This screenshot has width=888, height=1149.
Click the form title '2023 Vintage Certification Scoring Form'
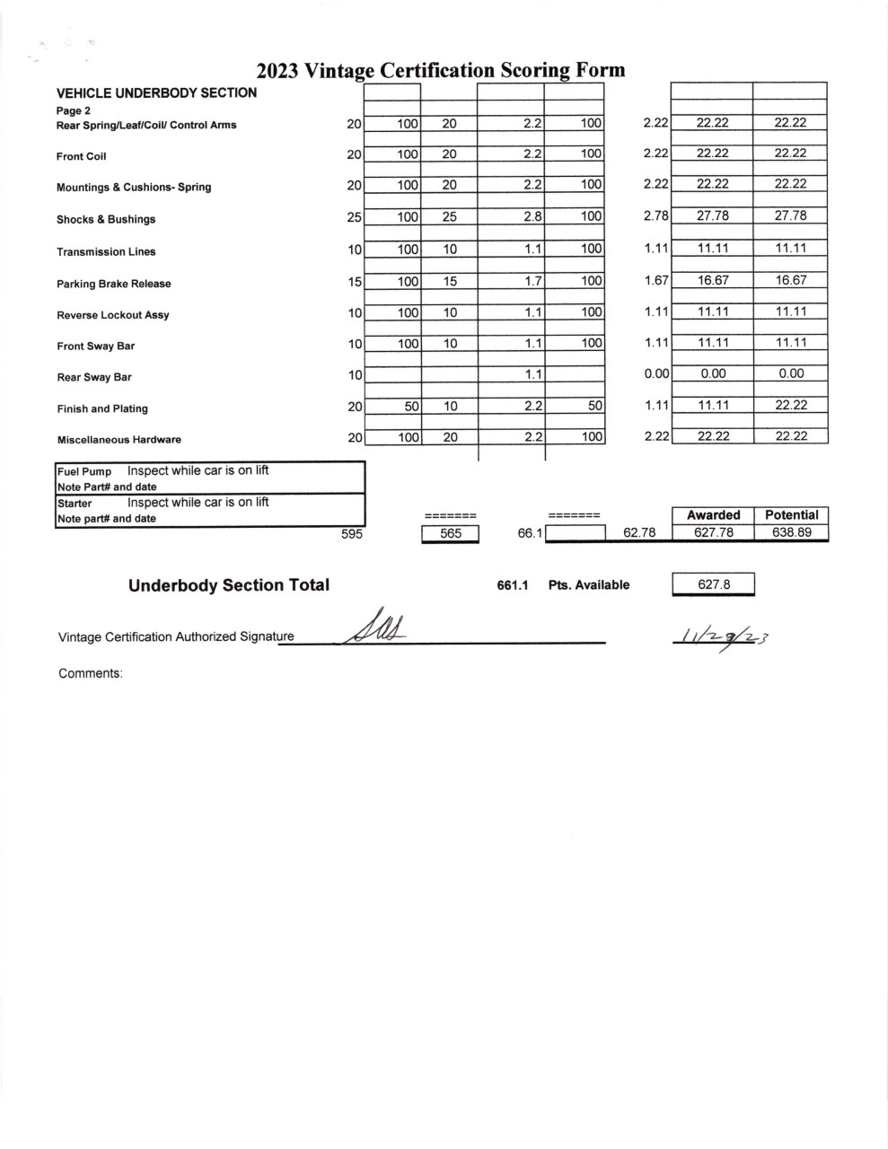click(x=440, y=71)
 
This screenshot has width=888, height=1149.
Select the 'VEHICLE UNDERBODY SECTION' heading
click(x=156, y=92)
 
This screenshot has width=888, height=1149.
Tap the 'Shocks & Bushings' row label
click(x=106, y=219)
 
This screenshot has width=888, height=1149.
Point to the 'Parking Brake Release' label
click(x=113, y=284)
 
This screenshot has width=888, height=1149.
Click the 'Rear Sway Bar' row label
click(x=94, y=377)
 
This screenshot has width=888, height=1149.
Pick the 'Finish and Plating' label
click(x=102, y=408)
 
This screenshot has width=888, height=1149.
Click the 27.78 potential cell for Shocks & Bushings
click(x=790, y=215)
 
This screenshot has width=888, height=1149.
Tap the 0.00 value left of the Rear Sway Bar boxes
click(x=656, y=373)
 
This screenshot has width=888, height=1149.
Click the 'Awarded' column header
click(x=713, y=514)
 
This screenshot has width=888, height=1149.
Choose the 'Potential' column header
click(x=791, y=514)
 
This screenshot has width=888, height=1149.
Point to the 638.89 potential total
click(x=791, y=532)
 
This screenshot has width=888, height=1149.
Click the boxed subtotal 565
click(x=451, y=533)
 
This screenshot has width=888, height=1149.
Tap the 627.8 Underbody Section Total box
click(x=714, y=585)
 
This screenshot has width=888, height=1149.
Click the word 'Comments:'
click(x=91, y=673)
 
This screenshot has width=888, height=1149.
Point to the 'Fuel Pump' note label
click(x=84, y=471)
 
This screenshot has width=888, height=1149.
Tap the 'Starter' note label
click(x=75, y=504)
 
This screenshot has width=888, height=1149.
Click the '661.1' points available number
click(x=512, y=585)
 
